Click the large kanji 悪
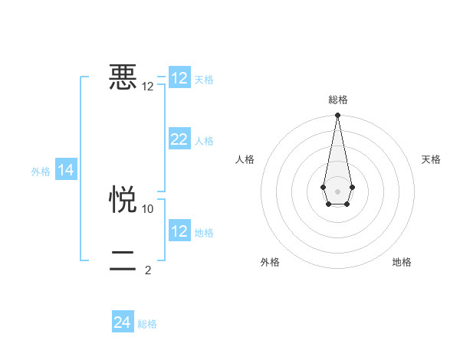coord(123,77)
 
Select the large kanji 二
coord(123,261)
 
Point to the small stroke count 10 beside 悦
coord(148,208)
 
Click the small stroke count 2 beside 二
coord(148,270)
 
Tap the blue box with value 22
coord(179,139)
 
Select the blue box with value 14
coord(66,171)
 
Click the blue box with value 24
coord(123,323)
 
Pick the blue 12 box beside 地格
coord(179,231)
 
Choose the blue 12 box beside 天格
coord(179,78)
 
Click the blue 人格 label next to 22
coord(204,141)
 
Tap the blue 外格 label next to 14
coord(41,172)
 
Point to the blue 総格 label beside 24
coord(147,325)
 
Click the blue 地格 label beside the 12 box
coord(204,233)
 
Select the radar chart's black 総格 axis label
coord(337,100)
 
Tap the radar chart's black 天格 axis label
coord(431,159)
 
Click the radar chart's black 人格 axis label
coord(245,159)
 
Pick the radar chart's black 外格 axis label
coord(270,262)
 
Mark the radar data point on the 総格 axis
coord(337,116)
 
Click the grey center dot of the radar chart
coord(337,191)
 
